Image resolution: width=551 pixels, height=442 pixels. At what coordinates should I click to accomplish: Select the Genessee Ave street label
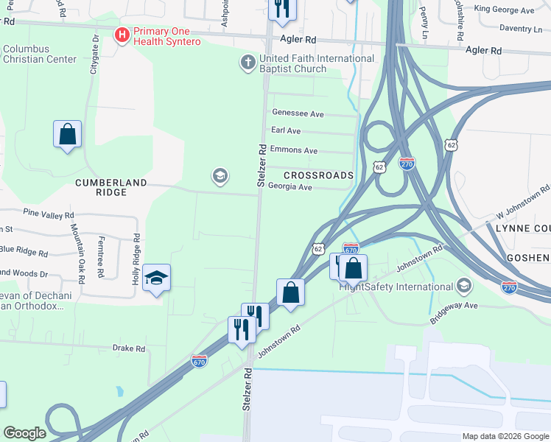tap(298, 114)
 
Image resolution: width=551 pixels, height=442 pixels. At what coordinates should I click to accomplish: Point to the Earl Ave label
tap(286, 130)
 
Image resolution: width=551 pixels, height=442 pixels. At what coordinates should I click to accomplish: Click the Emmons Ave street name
tap(294, 150)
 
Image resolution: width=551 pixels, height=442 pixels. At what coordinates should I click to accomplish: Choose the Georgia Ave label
tap(290, 187)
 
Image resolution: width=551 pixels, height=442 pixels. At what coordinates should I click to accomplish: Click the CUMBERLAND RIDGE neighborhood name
tap(110, 187)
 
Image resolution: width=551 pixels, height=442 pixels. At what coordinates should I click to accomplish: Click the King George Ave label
tap(504, 10)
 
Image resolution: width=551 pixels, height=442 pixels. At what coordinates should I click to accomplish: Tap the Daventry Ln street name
tap(520, 29)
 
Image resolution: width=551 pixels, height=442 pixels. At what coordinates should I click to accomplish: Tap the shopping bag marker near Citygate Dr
tap(67, 136)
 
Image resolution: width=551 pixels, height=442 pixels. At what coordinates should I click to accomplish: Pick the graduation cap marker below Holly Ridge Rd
tap(156, 278)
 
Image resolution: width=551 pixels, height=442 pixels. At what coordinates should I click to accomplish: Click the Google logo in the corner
tap(24, 433)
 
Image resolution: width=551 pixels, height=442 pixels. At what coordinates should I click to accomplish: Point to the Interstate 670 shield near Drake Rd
tap(200, 361)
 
